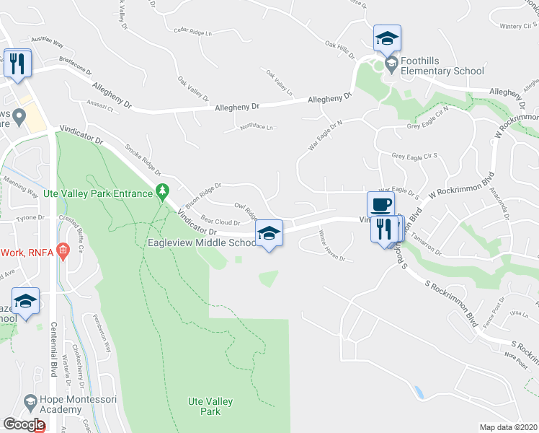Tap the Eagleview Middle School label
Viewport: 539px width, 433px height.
coord(201,243)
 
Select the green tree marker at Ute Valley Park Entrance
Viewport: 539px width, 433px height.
coord(164,191)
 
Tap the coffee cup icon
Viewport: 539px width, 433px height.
coord(380,204)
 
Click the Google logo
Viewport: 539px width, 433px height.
coord(23,424)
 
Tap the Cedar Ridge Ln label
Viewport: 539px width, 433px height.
coord(195,32)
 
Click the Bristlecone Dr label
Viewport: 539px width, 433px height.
coord(76,67)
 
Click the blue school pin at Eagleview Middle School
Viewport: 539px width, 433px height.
coord(269,233)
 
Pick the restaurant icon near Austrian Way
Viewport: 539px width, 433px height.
coord(17,64)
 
